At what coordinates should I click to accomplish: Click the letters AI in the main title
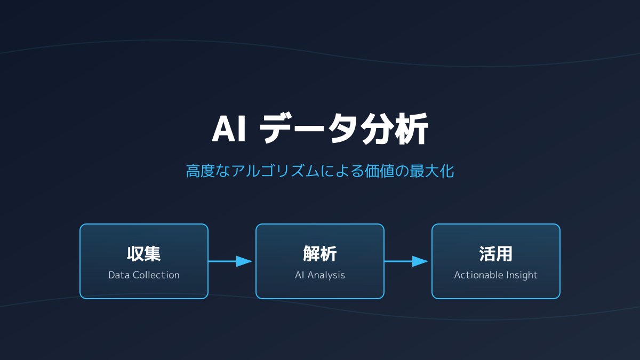coord(229,130)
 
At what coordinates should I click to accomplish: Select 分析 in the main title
coord(395,130)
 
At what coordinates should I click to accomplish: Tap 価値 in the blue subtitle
coord(378,171)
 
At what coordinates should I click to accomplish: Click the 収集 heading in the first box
coord(144,254)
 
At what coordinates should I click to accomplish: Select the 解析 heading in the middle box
coord(320,254)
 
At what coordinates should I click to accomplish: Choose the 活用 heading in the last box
coord(496,254)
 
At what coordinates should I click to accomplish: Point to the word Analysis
coord(326,275)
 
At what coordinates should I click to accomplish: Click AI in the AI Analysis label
coord(300,275)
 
